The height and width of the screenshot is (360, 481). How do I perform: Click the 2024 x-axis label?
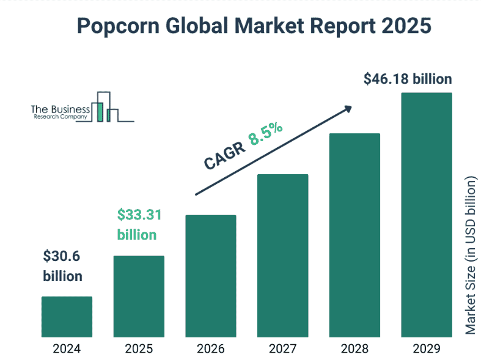click(x=67, y=349)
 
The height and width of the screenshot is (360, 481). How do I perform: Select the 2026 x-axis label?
click(x=210, y=349)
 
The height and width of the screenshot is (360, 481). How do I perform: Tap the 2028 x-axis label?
click(x=354, y=349)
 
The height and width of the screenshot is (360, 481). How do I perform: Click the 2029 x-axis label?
click(x=426, y=349)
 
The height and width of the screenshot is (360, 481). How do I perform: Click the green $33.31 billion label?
click(x=138, y=225)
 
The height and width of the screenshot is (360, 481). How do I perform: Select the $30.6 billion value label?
click(x=63, y=266)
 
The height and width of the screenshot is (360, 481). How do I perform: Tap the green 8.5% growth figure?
click(x=265, y=134)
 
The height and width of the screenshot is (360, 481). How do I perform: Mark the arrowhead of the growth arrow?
click(x=348, y=108)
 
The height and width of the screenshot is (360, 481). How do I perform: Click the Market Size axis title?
click(x=470, y=256)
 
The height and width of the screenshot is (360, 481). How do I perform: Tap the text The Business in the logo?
click(x=61, y=108)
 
